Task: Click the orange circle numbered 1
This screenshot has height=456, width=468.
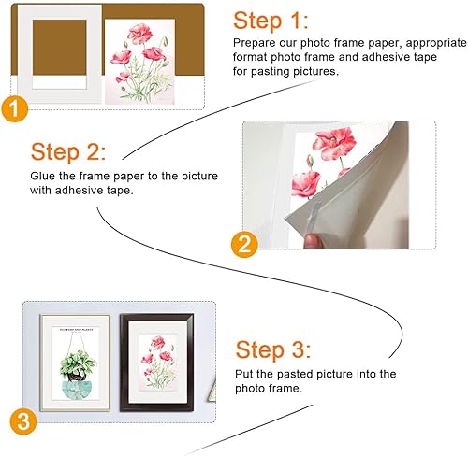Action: coord(14,109)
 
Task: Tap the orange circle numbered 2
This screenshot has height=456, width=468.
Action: coord(244,244)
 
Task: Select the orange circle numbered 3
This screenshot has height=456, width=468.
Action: coord(23,421)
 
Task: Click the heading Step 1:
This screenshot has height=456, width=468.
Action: coord(271,21)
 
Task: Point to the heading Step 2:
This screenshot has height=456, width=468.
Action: coord(68,152)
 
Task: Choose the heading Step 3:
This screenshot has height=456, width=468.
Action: coord(273,349)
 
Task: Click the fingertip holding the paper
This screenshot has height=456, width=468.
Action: coord(313,241)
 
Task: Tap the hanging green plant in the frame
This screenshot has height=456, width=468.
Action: coord(78,364)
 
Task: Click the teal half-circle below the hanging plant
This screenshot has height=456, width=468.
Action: coord(79,391)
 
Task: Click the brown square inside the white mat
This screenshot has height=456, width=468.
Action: coord(60,48)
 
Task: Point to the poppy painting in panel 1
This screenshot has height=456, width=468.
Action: coord(139,62)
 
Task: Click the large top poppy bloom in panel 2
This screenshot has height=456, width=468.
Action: coord(334,143)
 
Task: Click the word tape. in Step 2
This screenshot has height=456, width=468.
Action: coord(120,191)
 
